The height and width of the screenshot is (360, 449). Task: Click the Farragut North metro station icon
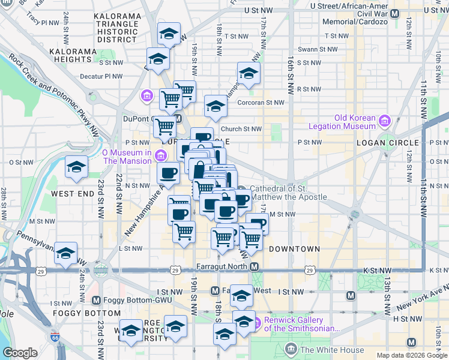(255, 266)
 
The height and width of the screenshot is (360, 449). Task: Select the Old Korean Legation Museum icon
(384, 122)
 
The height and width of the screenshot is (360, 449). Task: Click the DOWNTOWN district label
(294, 248)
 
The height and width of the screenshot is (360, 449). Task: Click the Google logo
(20, 353)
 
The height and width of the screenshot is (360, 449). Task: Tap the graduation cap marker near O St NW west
(76, 167)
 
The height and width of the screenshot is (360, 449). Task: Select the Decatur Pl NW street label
(101, 76)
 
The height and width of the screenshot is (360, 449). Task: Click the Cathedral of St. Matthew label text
(288, 193)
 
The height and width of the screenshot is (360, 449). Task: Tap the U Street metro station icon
(395, 11)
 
